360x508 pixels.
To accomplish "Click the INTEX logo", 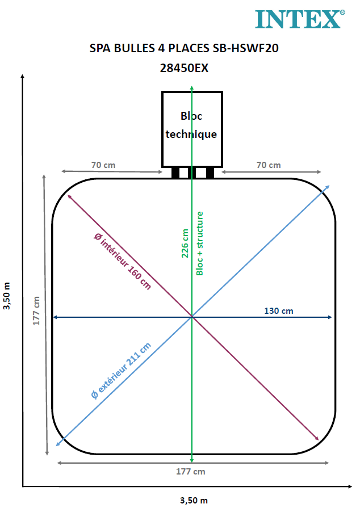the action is tap(300, 19).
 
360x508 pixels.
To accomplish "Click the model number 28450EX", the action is tap(184, 68).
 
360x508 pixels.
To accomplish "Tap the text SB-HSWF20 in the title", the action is tap(246, 48).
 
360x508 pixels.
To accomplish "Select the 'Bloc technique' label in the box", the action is tap(191, 125).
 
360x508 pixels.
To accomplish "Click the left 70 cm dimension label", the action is tap(103, 165).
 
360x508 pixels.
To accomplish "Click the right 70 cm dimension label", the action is tap(269, 165).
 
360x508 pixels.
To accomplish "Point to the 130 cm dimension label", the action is tap(279, 311).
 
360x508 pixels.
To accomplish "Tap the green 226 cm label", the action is tap(185, 243).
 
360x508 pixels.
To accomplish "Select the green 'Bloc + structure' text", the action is tap(200, 243).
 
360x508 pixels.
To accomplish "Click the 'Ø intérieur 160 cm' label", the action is tap(123, 261).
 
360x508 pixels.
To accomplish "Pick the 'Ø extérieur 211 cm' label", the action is tap(121, 371).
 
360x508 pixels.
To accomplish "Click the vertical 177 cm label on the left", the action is tap(36, 311).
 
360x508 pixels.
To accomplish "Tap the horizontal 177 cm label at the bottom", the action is tap(191, 472).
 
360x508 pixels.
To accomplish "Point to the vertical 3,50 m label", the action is tap(7, 296).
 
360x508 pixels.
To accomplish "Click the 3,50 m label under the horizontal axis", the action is tap(194, 501).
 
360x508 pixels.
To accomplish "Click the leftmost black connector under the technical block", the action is tap(175, 173).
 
